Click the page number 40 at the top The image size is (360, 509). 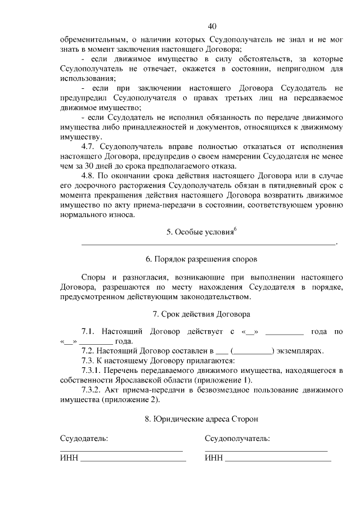coord(211,26)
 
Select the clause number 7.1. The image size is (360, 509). coord(90,332)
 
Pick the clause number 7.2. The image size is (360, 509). coord(90,351)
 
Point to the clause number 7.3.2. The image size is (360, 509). coord(94,390)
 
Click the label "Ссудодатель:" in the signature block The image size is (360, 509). coord(84,438)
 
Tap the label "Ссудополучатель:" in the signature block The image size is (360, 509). coord(237,438)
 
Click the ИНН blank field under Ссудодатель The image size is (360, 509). coord(133,460)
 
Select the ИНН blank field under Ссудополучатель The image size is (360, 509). coord(278,460)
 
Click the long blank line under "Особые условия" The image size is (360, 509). coord(209,244)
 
